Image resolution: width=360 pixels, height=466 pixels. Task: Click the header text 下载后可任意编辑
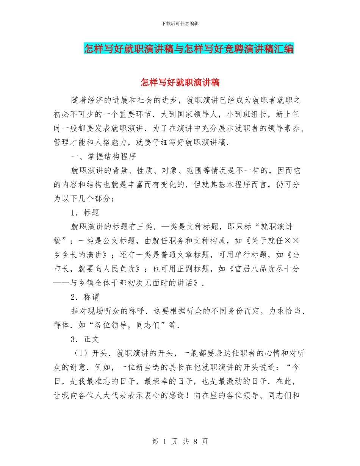180,23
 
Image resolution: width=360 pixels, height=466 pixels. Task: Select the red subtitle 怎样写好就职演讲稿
180,82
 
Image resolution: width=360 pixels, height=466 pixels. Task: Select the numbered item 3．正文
85,339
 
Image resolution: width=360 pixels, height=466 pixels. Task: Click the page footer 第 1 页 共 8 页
180,441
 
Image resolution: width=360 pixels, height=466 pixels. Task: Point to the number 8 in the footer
196,441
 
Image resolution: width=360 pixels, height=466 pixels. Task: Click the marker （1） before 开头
81,353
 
